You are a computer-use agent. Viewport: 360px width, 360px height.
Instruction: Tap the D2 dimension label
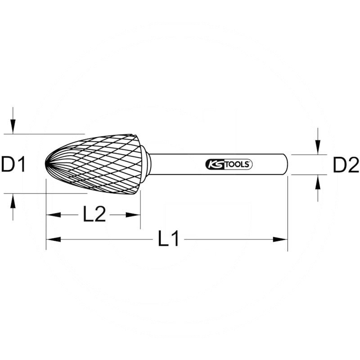[x=346, y=166]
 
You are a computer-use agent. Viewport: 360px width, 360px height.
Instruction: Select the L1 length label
[x=169, y=239]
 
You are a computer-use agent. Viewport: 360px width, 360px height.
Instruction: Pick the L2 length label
[x=94, y=215]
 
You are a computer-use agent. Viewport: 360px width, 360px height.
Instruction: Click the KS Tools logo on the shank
[x=229, y=164]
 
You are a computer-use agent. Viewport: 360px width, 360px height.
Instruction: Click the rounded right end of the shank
[x=286, y=165]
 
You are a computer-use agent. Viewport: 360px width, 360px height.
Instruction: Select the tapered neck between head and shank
[x=145, y=165]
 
